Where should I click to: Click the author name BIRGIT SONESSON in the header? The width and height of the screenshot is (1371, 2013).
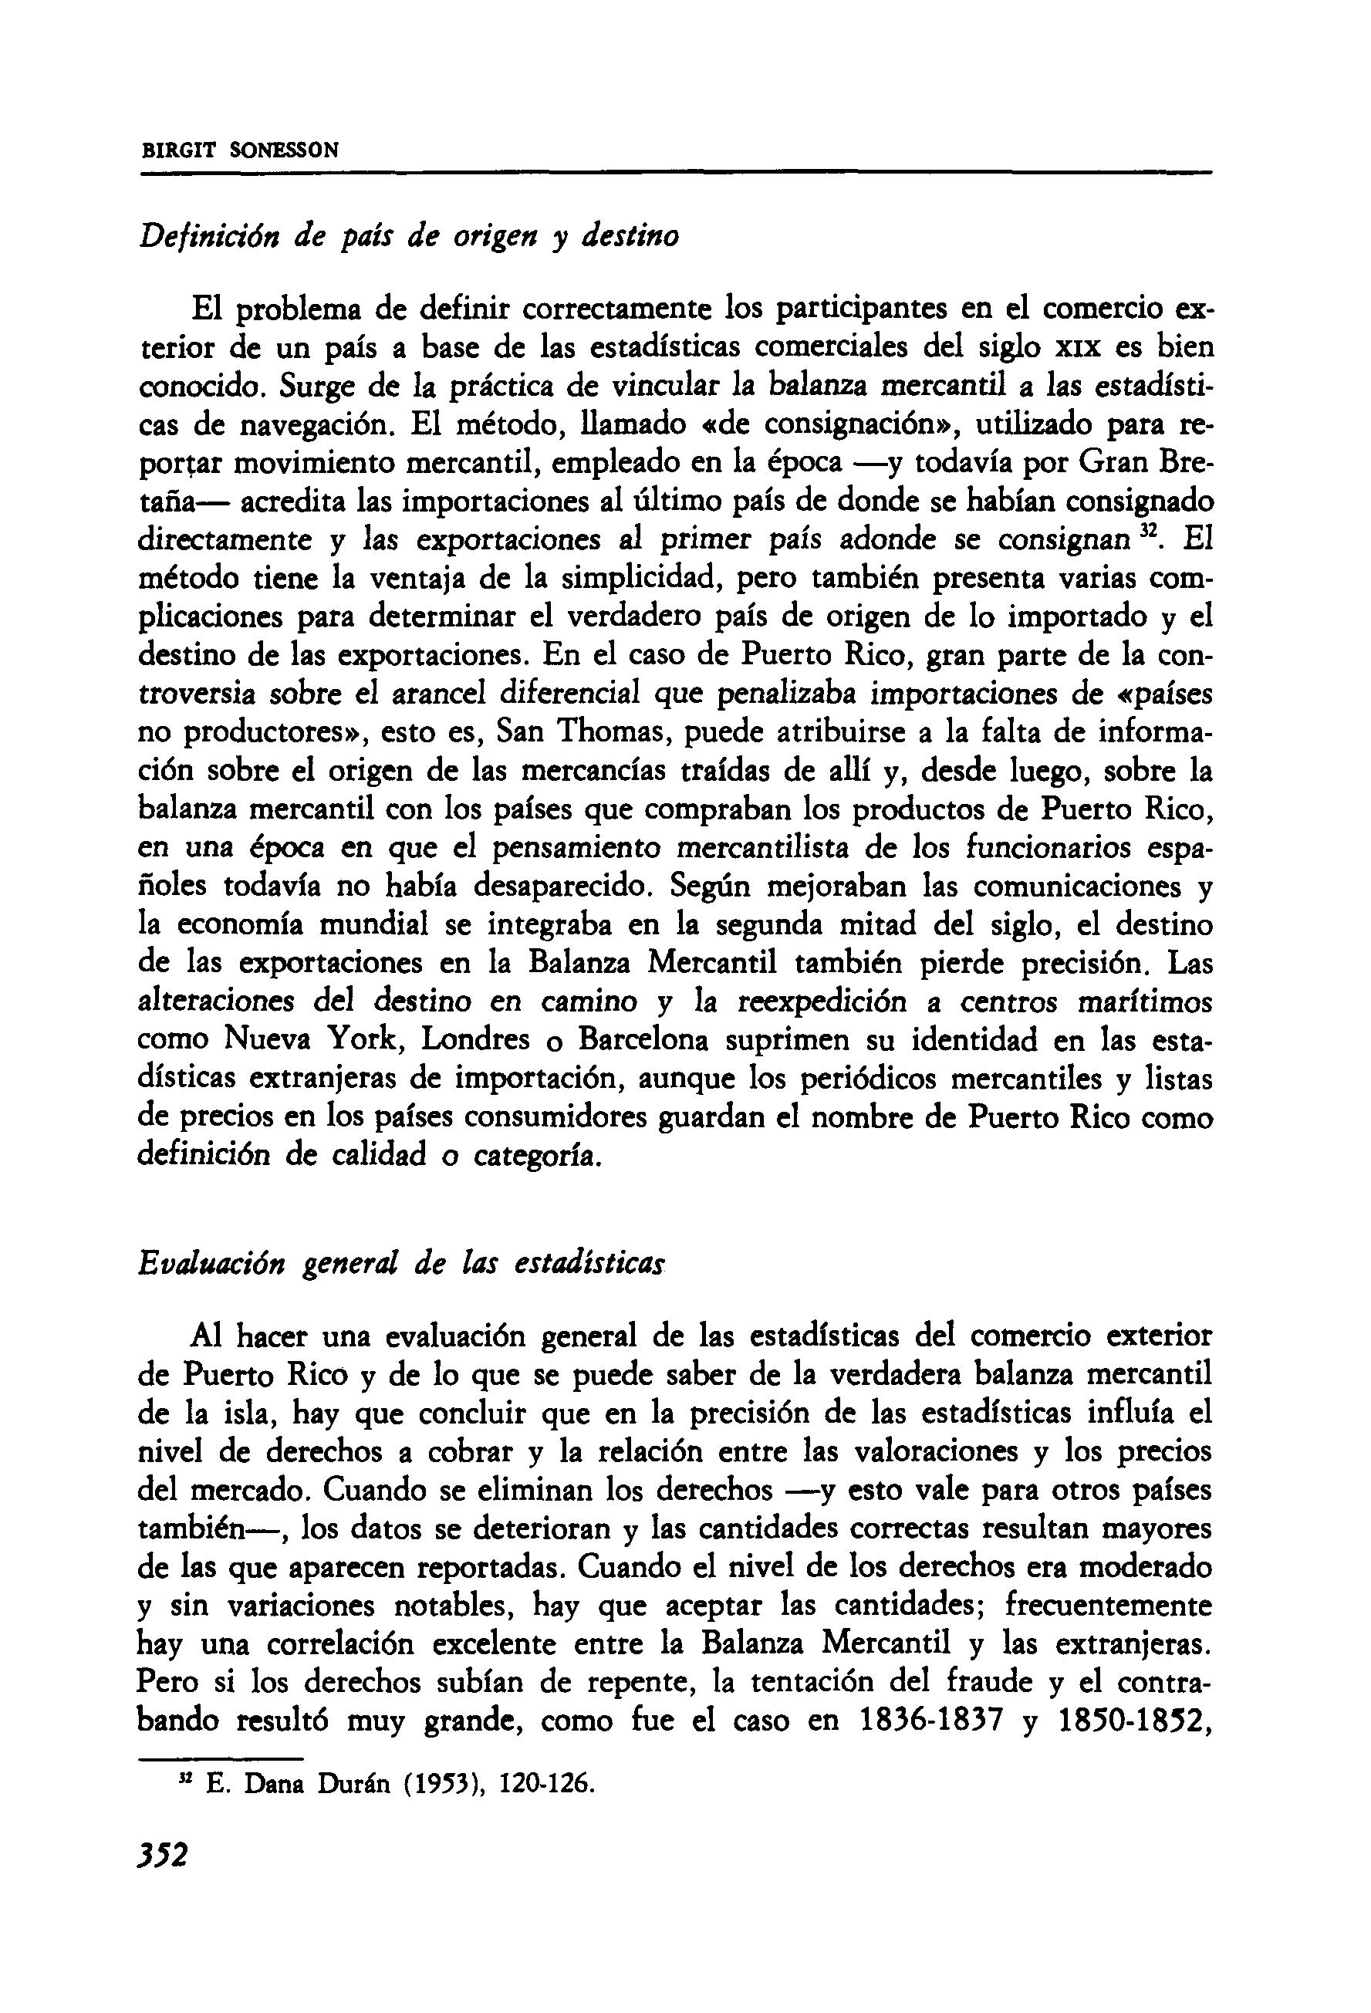[x=240, y=150]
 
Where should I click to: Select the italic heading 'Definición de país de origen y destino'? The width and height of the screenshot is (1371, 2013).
[x=409, y=235]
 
